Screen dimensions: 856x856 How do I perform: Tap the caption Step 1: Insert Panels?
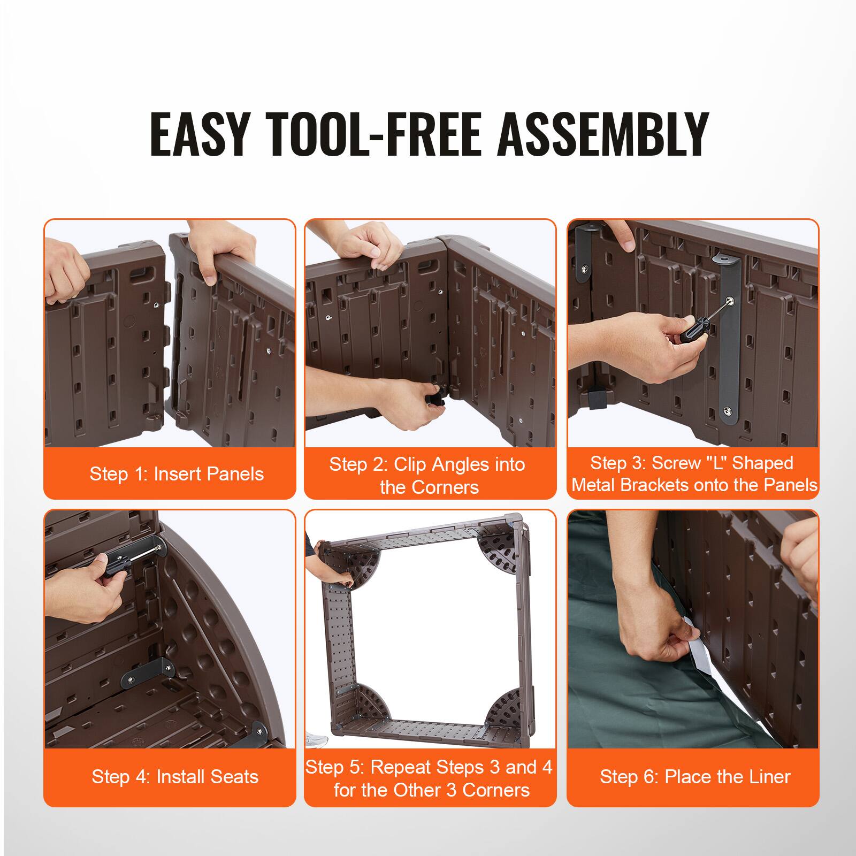pos(177,474)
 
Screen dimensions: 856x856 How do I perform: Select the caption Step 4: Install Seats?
pos(175,777)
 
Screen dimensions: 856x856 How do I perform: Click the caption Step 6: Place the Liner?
pos(694,777)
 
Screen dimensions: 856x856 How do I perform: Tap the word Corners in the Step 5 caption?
pos(495,790)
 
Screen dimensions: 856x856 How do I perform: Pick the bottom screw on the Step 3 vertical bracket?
pos(728,411)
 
